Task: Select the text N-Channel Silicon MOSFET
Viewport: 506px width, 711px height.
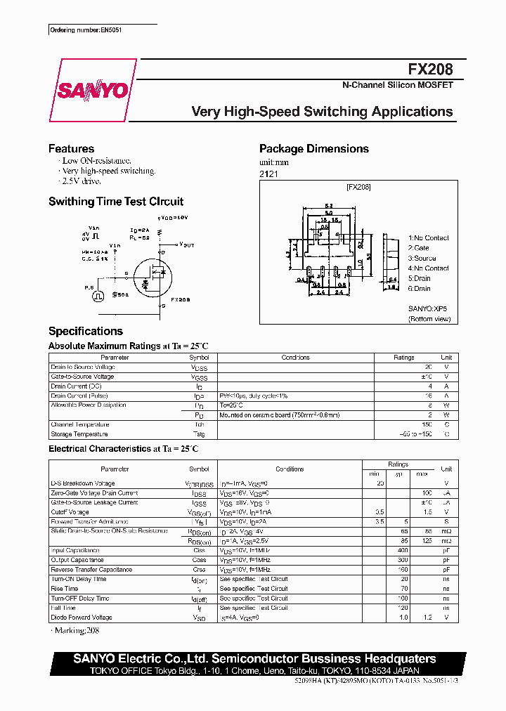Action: [397, 85]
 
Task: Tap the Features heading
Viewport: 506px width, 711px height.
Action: [71, 149]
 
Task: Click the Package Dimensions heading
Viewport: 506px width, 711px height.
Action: [313, 149]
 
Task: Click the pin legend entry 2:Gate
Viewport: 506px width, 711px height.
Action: [419, 248]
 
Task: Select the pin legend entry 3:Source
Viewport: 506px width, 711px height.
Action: [422, 258]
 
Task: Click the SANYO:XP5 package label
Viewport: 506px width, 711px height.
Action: [427, 308]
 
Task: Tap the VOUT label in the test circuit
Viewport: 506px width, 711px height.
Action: [187, 244]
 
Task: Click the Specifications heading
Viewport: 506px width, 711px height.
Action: [85, 332]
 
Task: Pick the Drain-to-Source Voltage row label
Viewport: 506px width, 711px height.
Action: [83, 367]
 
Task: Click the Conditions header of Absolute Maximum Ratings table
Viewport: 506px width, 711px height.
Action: [295, 358]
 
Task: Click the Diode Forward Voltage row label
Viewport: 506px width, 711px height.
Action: [82, 618]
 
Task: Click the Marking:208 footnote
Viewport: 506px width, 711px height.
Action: [77, 631]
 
